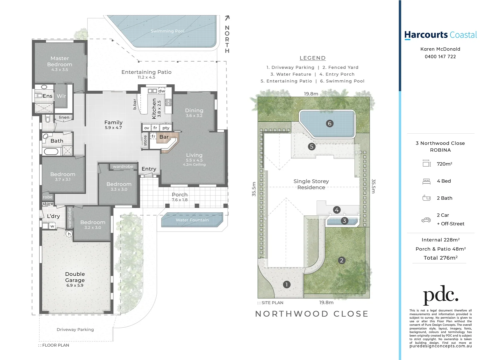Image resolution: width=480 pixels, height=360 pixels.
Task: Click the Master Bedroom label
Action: click(60, 62)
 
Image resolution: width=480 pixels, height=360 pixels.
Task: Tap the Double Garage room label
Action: click(75, 277)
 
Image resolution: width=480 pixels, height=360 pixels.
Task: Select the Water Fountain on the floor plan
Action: click(192, 220)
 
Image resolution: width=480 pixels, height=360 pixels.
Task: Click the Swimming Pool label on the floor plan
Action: click(167, 31)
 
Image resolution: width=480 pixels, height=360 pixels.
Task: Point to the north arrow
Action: click(227, 18)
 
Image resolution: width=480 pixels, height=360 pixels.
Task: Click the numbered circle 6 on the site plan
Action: click(329, 124)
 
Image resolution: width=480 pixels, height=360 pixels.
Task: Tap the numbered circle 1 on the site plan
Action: click(286, 284)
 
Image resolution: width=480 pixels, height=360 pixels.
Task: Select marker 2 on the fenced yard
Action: click(341, 260)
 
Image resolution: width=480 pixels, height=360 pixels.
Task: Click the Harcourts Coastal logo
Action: click(440, 35)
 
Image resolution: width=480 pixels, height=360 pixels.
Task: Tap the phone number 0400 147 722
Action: click(440, 57)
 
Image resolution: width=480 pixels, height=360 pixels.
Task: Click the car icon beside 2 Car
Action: click(426, 220)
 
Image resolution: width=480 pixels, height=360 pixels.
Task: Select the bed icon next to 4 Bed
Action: click(426, 181)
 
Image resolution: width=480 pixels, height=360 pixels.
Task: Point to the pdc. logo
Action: click(440, 295)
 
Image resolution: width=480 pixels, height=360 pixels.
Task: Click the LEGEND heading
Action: click(312, 58)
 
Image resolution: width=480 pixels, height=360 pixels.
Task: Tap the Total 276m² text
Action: click(440, 258)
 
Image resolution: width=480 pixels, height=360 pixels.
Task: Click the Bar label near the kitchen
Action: click(164, 137)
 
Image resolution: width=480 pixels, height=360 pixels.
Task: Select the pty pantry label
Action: click(166, 128)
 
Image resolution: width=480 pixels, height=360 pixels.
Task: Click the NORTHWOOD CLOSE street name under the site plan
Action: click(312, 314)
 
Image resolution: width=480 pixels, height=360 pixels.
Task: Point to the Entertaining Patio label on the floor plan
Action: click(146, 72)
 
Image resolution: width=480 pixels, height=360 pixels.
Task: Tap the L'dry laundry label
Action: click(53, 216)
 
